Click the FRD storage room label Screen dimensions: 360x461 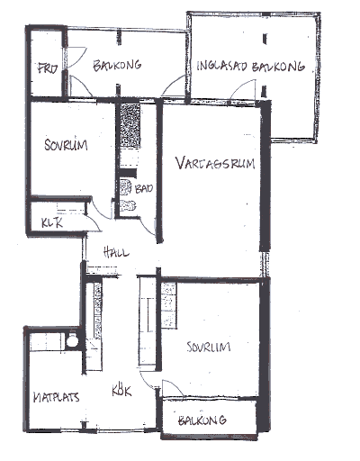click(48, 68)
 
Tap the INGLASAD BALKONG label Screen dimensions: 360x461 click(250, 67)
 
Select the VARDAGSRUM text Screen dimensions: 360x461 click(215, 163)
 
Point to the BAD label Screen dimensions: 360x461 click(144, 188)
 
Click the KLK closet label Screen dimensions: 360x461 click(52, 222)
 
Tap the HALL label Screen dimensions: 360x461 click(116, 252)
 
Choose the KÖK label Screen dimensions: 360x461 click(121, 390)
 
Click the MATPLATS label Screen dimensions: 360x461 click(56, 397)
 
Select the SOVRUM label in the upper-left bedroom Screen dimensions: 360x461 click(66, 145)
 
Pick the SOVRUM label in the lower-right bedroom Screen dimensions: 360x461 click(209, 347)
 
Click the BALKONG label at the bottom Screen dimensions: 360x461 click(202, 420)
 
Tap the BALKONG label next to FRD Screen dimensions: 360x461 click(117, 66)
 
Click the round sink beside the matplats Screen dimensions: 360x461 click(72, 340)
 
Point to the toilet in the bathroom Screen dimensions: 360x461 click(128, 205)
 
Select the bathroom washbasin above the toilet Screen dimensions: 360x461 click(126, 187)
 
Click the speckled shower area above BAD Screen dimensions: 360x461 click(130, 125)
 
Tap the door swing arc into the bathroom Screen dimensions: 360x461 click(146, 227)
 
